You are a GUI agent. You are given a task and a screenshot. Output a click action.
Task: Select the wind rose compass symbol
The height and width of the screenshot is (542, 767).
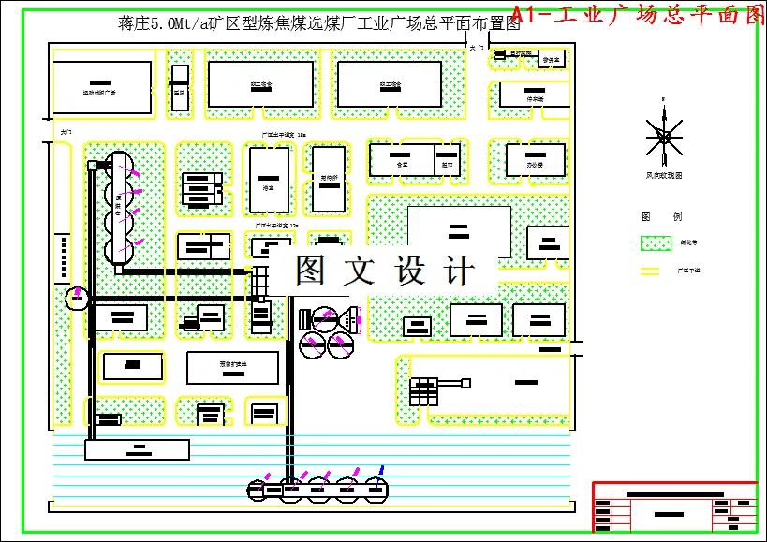click(664, 137)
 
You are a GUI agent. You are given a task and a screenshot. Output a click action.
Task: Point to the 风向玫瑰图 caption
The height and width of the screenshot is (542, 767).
click(664, 174)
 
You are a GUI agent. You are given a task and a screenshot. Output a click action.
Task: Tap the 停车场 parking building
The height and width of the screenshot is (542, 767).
click(535, 94)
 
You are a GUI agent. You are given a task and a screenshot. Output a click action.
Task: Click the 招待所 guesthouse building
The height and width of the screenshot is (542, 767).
click(328, 178)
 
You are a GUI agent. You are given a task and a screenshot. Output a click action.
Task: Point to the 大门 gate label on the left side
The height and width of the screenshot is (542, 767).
click(65, 133)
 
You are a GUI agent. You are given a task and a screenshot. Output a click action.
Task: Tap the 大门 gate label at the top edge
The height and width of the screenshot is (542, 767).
click(477, 46)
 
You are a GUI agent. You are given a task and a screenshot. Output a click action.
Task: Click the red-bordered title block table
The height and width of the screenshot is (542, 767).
click(673, 506)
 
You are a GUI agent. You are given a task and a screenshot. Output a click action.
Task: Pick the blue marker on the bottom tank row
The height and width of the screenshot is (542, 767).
click(381, 469)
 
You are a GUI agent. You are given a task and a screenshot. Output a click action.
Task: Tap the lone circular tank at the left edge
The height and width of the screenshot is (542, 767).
click(76, 299)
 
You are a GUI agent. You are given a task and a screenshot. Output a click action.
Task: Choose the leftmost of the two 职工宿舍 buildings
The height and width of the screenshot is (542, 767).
click(260, 84)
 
